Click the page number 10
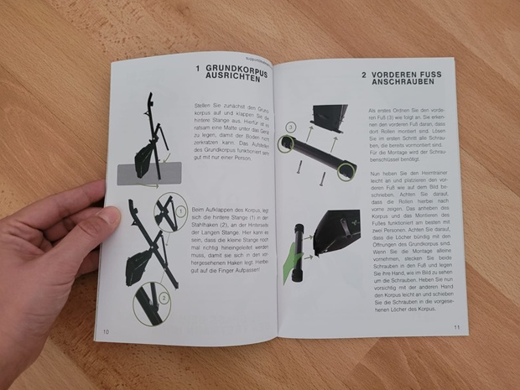point(107,330)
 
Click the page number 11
point(457,326)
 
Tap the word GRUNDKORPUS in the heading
point(236,68)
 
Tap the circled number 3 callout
point(291,127)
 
